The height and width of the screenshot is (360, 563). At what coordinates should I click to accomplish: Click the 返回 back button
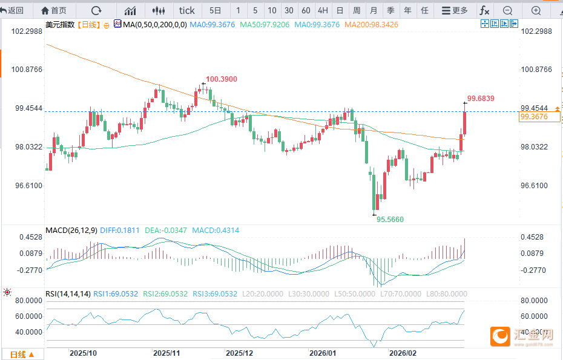tap(12, 10)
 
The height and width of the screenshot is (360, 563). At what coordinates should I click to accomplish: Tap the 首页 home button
tap(54, 10)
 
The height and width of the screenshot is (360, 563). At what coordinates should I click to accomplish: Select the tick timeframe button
tap(187, 10)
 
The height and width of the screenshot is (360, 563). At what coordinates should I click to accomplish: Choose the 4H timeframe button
tap(323, 10)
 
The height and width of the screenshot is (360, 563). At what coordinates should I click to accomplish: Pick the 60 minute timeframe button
tap(306, 10)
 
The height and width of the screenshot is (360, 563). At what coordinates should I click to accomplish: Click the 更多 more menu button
tap(455, 10)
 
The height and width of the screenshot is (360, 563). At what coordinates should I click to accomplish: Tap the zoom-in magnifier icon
tap(536, 10)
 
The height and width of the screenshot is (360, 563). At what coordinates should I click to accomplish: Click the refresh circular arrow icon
tap(96, 10)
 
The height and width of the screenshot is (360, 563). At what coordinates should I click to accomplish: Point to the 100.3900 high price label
tap(221, 79)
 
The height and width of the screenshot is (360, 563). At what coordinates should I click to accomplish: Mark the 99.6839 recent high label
tap(481, 98)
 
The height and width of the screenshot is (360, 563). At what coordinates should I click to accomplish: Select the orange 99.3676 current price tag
tap(533, 117)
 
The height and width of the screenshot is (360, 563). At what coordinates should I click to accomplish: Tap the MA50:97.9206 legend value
tap(265, 24)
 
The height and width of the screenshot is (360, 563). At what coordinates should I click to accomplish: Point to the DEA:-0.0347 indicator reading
tap(168, 231)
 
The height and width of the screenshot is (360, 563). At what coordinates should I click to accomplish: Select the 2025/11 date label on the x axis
tap(167, 353)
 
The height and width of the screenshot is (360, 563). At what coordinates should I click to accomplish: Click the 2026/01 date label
tap(322, 353)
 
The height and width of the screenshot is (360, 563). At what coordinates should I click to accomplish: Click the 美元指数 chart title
tap(61, 24)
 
